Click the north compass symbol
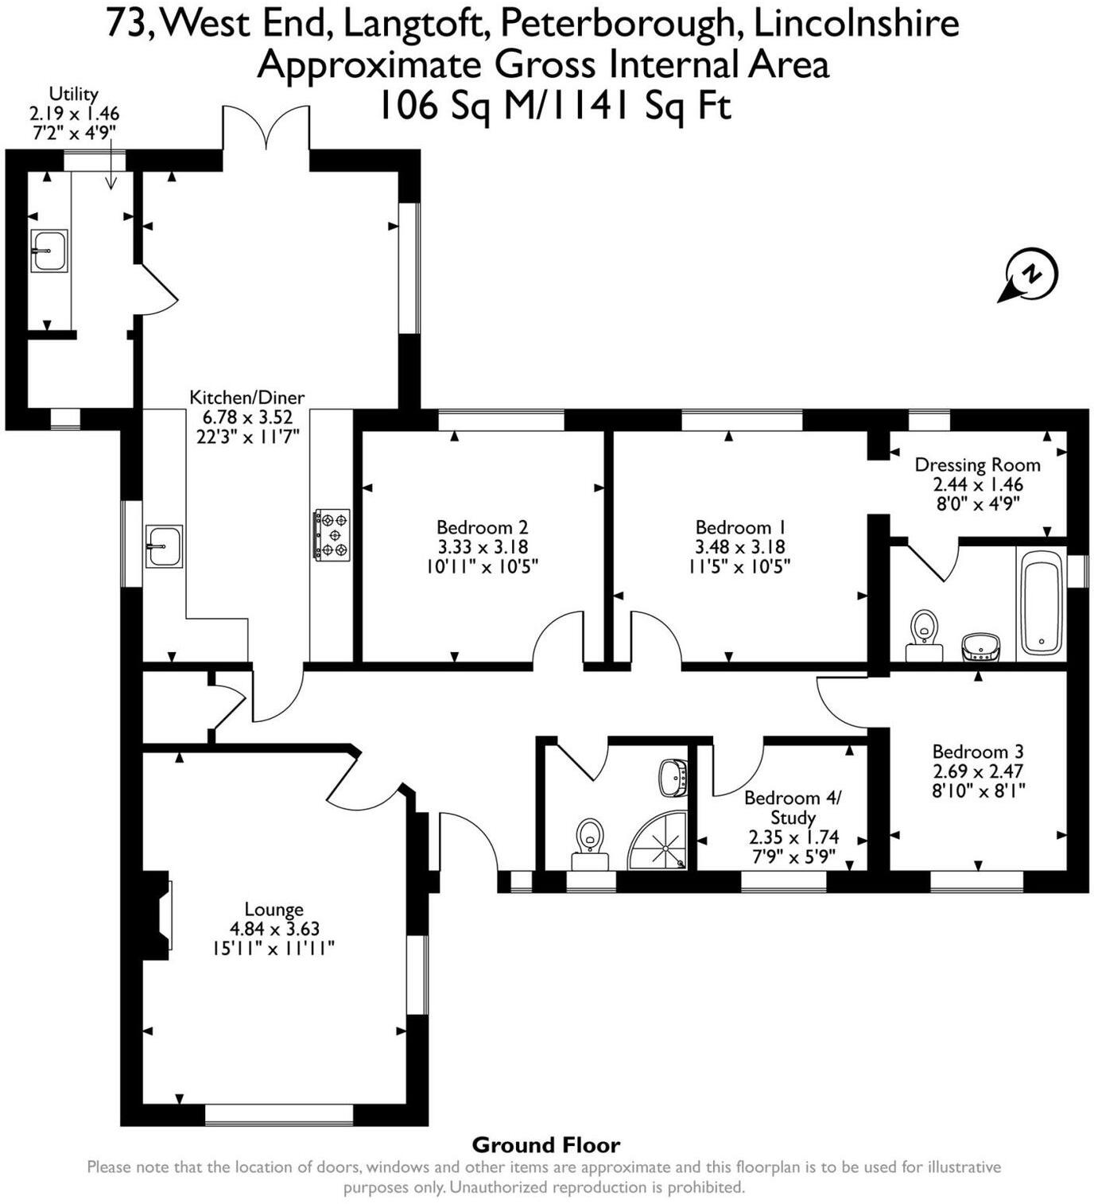(x=1030, y=274)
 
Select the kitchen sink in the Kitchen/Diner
(x=164, y=546)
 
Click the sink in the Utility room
(x=49, y=251)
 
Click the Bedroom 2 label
(x=482, y=527)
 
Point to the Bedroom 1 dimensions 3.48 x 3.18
(x=739, y=547)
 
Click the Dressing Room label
(x=977, y=464)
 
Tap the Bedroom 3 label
(x=977, y=752)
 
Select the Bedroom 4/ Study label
(x=792, y=807)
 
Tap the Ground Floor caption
(x=546, y=1145)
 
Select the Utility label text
(x=74, y=94)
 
